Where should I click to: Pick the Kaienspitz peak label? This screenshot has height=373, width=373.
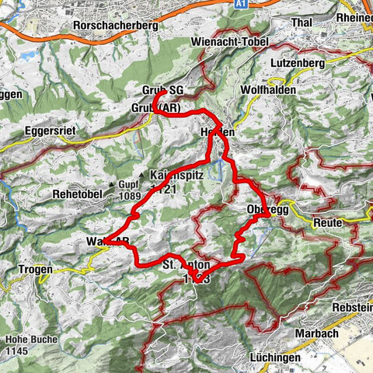click(179, 176)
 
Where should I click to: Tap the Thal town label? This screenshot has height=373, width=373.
click(301, 23)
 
